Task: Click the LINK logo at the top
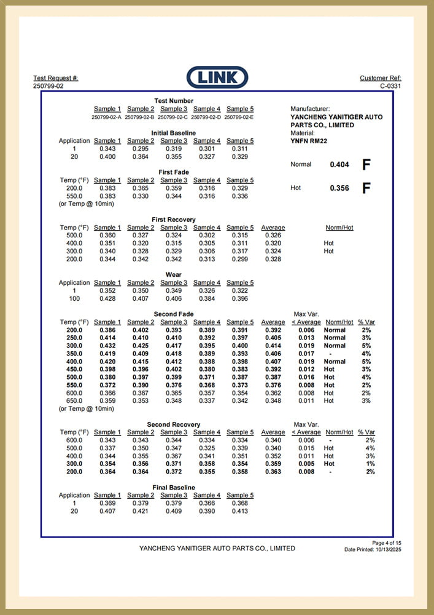[x=217, y=77]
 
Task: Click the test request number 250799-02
[x=48, y=86]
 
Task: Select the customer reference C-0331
[x=390, y=86]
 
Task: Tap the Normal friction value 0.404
[x=339, y=165]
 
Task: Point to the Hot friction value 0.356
[x=339, y=188]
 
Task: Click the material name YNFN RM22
[x=309, y=140]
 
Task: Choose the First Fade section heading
[x=174, y=172]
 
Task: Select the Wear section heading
[x=174, y=275]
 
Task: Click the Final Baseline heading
[x=174, y=488]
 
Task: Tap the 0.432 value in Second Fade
[x=107, y=346]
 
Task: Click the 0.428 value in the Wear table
[x=107, y=299]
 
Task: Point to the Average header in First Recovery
[x=273, y=228]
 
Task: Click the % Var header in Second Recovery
[x=366, y=432]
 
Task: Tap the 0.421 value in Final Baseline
[x=141, y=511]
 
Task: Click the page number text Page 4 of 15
[x=387, y=543]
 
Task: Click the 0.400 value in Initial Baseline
[x=107, y=157]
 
